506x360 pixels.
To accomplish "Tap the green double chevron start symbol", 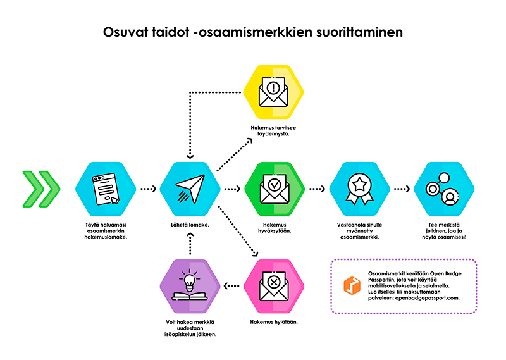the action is pyautogui.click(x=41, y=189).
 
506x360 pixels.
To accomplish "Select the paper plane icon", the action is pyautogui.click(x=190, y=189).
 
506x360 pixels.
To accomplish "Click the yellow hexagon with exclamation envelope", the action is pyautogui.click(x=273, y=92).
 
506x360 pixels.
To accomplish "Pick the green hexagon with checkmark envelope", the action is pyautogui.click(x=275, y=189).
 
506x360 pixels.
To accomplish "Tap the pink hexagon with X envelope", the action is pyautogui.click(x=274, y=287).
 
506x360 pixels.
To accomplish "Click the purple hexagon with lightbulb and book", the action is pyautogui.click(x=190, y=287).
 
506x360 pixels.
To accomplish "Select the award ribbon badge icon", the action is pyautogui.click(x=359, y=189).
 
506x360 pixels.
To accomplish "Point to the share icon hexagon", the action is pyautogui.click(x=444, y=189).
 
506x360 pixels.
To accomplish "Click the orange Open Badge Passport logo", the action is pyautogui.click(x=352, y=286).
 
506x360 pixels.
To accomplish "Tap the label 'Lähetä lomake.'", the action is pyautogui.click(x=190, y=225).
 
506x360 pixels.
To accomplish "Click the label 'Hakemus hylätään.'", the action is pyautogui.click(x=274, y=322).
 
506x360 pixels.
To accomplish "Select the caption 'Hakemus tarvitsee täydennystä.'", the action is pyautogui.click(x=273, y=131).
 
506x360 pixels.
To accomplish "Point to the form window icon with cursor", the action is pyautogui.click(x=106, y=189).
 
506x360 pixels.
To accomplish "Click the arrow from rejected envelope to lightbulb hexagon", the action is pyautogui.click(x=231, y=286).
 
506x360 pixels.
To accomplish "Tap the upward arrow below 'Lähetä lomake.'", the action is pyautogui.click(x=190, y=244).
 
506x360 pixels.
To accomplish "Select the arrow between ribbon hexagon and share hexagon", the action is pyautogui.click(x=402, y=189).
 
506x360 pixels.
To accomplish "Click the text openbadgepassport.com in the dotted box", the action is pyautogui.click(x=428, y=298).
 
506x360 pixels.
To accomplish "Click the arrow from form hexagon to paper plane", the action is pyautogui.click(x=149, y=189).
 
